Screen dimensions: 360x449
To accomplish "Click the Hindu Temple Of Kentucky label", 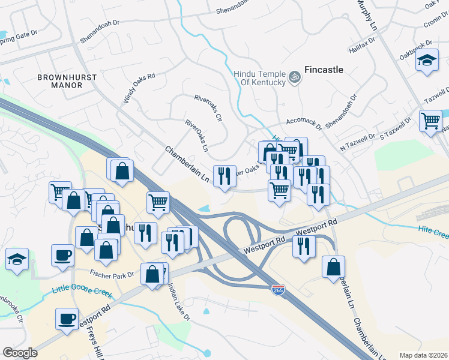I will [x=259, y=77].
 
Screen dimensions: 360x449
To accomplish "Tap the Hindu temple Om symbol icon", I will [x=294, y=77].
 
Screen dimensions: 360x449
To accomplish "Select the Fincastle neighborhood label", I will [x=324, y=70].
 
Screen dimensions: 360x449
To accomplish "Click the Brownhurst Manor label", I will [x=59, y=81].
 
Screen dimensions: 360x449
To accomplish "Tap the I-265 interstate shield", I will [x=278, y=290].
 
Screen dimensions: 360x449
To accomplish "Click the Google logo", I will [x=20, y=353].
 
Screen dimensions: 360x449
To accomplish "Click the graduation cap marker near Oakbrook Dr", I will [x=427, y=61].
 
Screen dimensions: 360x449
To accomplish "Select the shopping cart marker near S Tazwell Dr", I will [x=430, y=121].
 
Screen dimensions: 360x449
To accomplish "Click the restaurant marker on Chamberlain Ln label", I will [x=224, y=176].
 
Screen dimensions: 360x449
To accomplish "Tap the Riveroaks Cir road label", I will [x=208, y=108].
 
